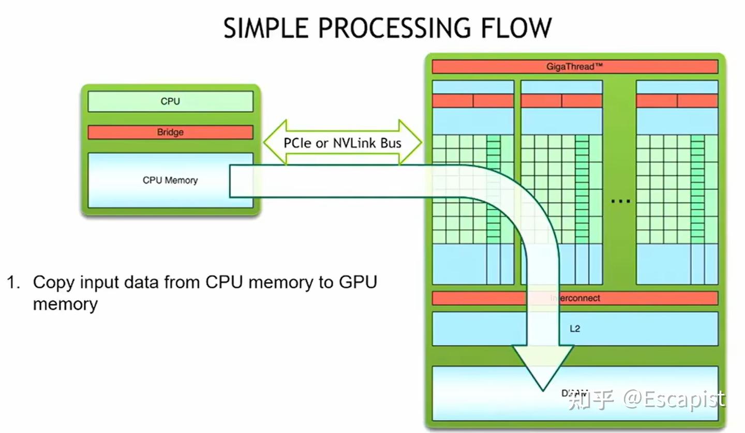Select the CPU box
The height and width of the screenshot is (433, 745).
(x=170, y=101)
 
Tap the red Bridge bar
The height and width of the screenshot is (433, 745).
(x=170, y=132)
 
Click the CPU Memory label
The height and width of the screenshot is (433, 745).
(x=170, y=181)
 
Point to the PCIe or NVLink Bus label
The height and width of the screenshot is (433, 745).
(x=342, y=143)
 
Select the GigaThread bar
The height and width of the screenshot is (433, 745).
(x=574, y=67)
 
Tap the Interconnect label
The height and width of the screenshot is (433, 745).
(x=575, y=298)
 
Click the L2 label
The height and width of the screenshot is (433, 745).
(x=575, y=329)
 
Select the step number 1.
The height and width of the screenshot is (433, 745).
(x=12, y=283)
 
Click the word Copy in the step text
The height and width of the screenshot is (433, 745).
(x=53, y=283)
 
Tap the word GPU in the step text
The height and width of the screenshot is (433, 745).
(x=358, y=283)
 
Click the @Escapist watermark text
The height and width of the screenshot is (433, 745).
(x=673, y=400)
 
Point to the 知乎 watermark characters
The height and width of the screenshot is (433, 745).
(x=591, y=400)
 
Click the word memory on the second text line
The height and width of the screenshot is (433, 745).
(x=65, y=304)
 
